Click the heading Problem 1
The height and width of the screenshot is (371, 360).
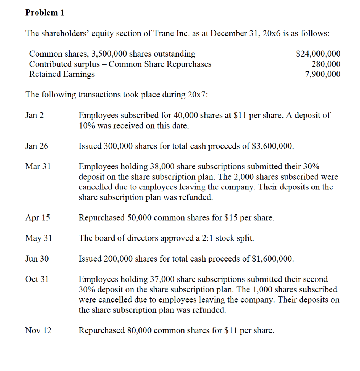[x=45, y=13]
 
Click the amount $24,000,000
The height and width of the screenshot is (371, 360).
[x=318, y=54]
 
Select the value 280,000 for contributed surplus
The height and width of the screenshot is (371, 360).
[x=326, y=64]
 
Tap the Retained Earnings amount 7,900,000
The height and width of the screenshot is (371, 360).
[x=323, y=74]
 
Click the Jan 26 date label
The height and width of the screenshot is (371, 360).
[x=37, y=146]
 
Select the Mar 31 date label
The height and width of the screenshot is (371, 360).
[x=38, y=167]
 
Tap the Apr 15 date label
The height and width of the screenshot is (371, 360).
[x=38, y=218]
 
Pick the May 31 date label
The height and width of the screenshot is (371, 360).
[x=39, y=238]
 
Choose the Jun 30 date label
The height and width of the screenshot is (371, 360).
[x=37, y=259]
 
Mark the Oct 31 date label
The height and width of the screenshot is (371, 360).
[x=37, y=279]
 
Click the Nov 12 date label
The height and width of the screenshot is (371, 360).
[x=38, y=330]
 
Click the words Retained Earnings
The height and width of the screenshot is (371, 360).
[x=62, y=74]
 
